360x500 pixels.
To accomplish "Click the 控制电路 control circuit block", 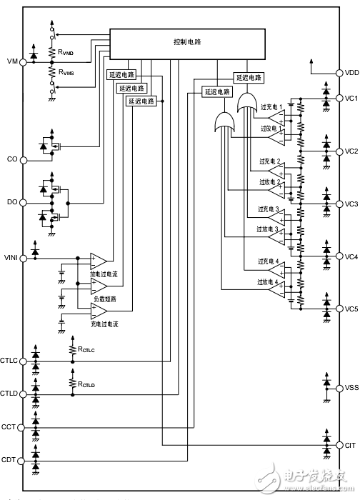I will click(187, 42).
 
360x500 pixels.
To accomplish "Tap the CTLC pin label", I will click(10, 361).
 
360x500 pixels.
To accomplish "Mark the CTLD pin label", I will click(10, 394).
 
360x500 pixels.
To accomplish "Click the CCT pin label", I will click(10, 427).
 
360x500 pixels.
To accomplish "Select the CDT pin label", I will click(10, 460).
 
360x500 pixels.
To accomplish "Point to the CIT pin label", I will click(350, 444).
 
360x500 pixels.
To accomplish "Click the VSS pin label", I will click(351, 388).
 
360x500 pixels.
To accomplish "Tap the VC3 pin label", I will click(351, 204).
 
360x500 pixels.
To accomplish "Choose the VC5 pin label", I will click(351, 309).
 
